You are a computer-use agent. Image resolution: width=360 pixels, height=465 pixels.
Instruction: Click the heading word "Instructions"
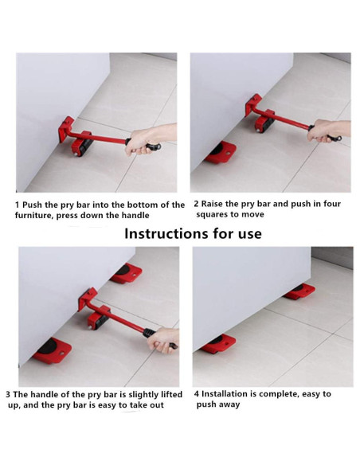[x=164, y=233]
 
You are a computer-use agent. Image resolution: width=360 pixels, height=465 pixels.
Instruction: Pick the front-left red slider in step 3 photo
[x=52, y=349]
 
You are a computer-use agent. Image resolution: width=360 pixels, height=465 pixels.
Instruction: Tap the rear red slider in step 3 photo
[x=126, y=273]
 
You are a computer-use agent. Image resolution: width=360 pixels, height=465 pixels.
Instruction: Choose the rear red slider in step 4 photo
[x=299, y=291]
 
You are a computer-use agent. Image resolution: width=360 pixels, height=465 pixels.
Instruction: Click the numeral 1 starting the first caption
[x=18, y=205]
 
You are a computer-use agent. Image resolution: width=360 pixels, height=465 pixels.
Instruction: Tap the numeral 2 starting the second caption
[x=196, y=205]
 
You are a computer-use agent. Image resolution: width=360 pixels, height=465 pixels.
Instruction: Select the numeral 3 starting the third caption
[x=8, y=394]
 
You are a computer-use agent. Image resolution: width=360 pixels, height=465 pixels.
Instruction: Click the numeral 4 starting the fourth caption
[x=196, y=394]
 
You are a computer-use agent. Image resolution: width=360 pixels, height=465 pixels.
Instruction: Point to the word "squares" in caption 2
[x=217, y=215]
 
